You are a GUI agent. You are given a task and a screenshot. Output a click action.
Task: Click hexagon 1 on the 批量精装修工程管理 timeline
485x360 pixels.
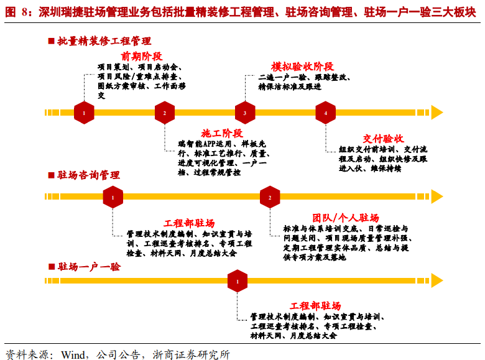(84, 113)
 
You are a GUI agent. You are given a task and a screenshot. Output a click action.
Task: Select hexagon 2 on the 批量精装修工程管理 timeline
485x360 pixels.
(165, 113)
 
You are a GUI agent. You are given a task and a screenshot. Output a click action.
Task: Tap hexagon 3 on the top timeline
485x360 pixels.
(245, 113)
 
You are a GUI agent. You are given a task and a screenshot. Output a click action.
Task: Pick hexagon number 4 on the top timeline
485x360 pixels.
(325, 113)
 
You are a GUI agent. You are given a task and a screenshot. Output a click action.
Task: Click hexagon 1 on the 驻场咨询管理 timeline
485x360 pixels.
(113, 197)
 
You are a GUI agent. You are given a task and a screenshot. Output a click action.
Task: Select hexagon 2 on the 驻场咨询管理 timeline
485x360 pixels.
(270, 197)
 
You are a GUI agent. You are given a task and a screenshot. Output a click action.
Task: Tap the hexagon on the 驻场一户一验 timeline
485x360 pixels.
(238, 281)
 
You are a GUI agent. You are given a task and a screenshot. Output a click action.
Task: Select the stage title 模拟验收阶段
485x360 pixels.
(303, 67)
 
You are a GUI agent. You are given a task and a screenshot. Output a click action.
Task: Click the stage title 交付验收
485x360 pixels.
(384, 138)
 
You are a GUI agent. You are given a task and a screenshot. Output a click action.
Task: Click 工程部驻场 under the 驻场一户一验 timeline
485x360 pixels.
(315, 306)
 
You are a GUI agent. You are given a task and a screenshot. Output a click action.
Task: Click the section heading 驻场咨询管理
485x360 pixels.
(88, 175)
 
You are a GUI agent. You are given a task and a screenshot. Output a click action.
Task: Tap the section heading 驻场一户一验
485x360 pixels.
(88, 267)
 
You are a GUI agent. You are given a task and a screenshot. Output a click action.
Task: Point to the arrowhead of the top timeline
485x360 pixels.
(437, 113)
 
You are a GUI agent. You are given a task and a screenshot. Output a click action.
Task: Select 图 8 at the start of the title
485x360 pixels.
(16, 11)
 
